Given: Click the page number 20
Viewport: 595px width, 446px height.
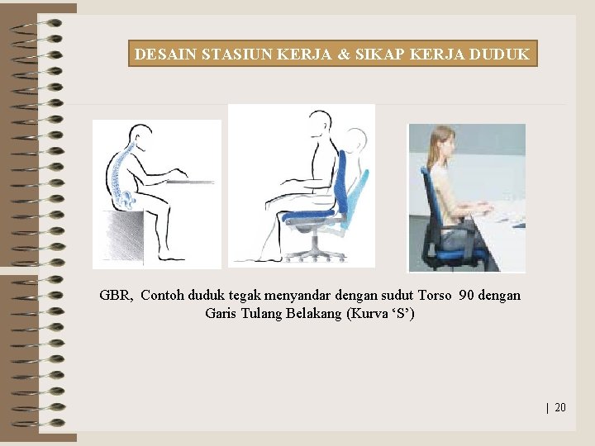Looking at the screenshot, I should tap(560, 407).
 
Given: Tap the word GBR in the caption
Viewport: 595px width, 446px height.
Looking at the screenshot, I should tap(116, 295).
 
